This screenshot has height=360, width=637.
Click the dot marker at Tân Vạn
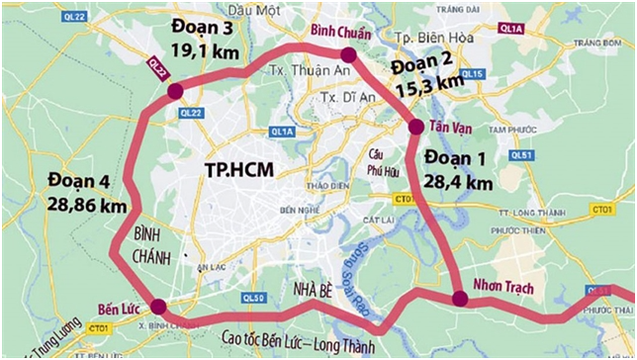pos(415,126)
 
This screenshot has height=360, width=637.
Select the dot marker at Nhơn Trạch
pos(459,299)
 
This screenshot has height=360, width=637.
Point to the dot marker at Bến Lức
pos(161,307)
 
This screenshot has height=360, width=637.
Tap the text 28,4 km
pos(457,183)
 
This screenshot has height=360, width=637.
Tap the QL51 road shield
pos(523,155)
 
